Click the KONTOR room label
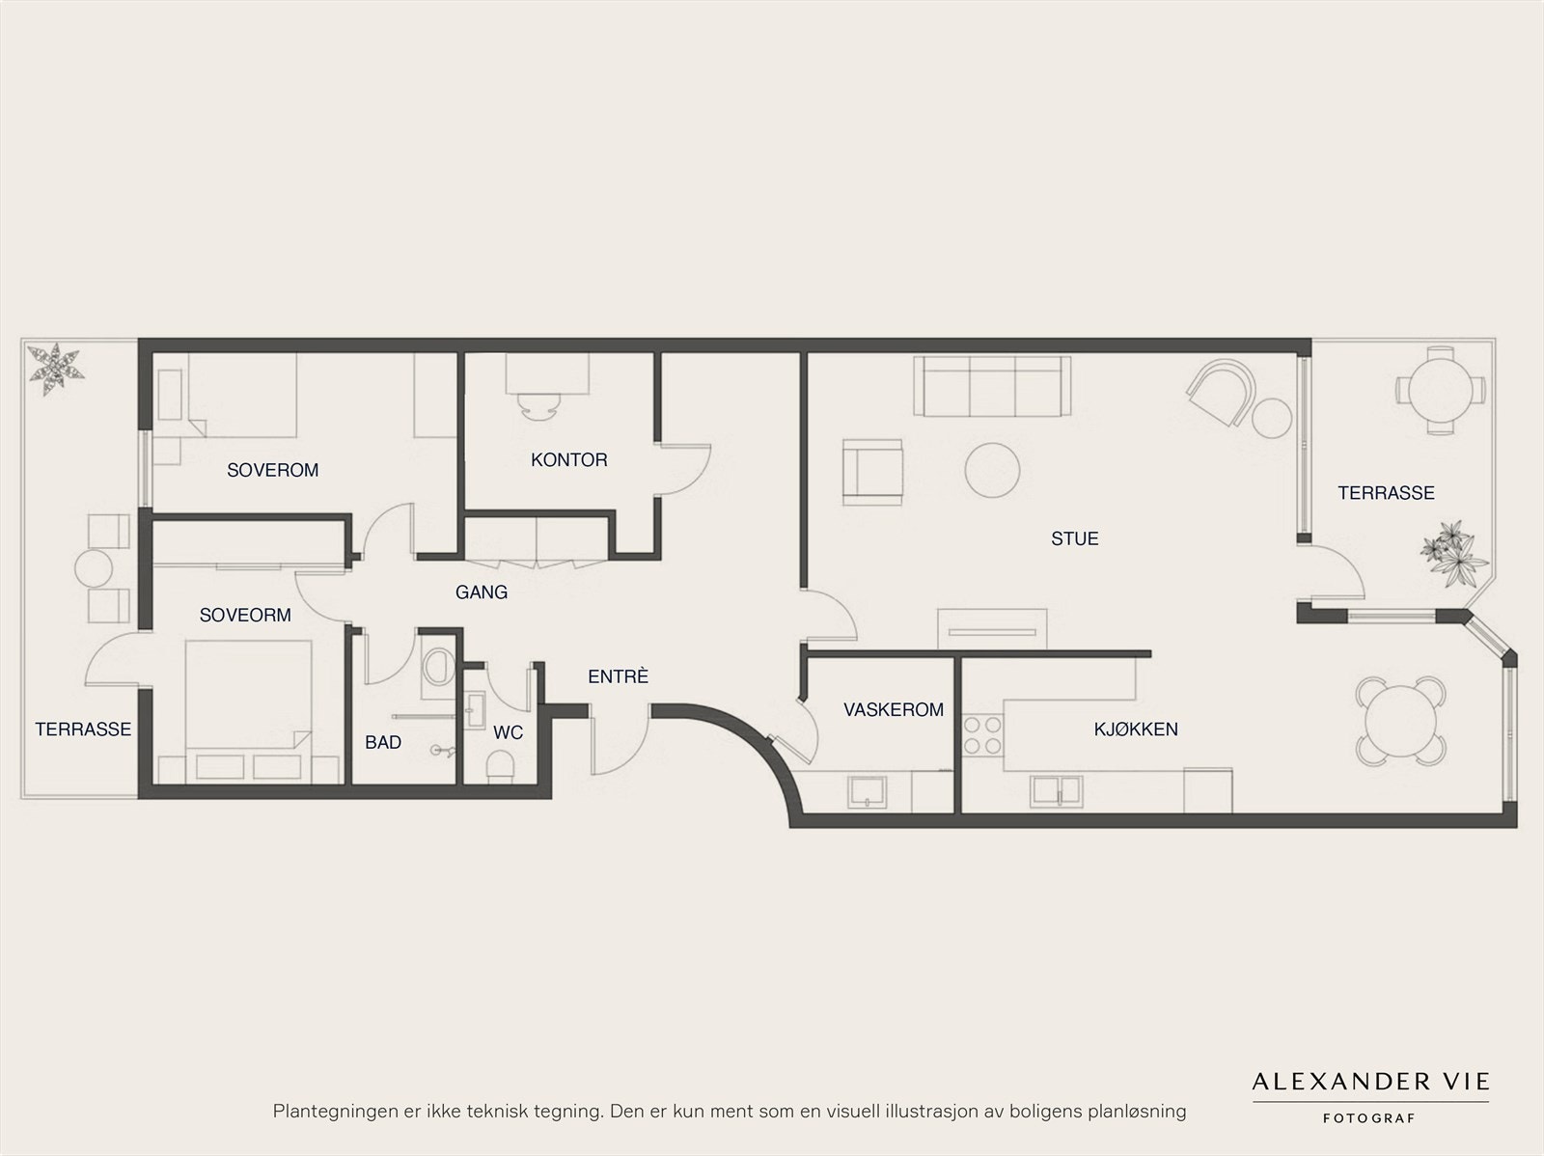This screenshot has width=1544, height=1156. click(x=568, y=460)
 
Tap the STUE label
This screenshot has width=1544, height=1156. click(x=1074, y=538)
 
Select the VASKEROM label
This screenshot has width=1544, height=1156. click(x=894, y=709)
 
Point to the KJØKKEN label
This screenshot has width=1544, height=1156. click(x=1135, y=729)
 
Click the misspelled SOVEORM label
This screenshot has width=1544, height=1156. click(x=245, y=616)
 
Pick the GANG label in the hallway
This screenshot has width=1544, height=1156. click(x=482, y=592)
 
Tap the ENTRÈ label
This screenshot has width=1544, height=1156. click(x=618, y=675)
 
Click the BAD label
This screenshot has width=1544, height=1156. click(x=383, y=742)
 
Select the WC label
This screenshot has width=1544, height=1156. click(x=508, y=732)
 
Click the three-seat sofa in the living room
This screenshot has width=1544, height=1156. click(x=992, y=386)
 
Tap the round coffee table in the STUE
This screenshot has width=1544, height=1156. click(x=992, y=470)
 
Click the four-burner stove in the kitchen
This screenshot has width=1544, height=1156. click(x=982, y=735)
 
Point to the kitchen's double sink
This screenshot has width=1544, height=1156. click(x=1056, y=792)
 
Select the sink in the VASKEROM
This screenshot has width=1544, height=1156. click(x=867, y=792)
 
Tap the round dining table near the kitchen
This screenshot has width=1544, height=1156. click(x=1401, y=722)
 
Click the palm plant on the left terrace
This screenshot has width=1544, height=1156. click(x=56, y=368)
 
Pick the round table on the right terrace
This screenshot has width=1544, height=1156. click(x=1440, y=391)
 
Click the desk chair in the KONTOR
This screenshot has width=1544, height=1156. click(x=541, y=405)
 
